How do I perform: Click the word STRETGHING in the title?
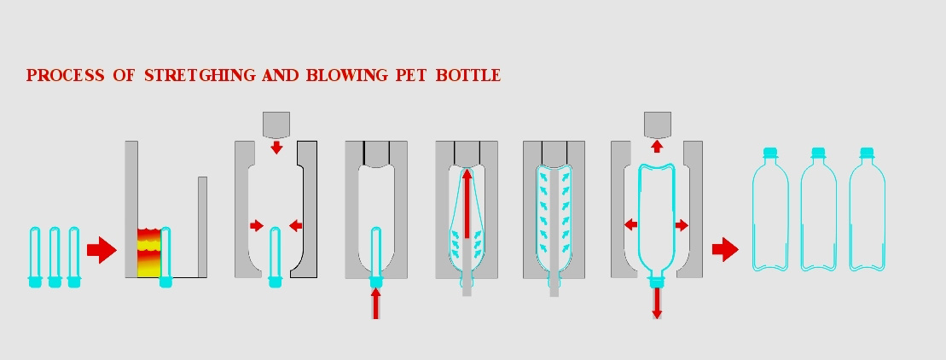coord(201,75)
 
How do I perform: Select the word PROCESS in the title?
coord(65,75)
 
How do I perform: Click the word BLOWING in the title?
coord(346,75)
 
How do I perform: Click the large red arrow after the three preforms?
coord(102,250)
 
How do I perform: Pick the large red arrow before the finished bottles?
coord(725,250)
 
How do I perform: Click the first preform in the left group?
coord(35,257)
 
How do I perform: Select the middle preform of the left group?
coord(55,257)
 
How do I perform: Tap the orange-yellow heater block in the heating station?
coord(148,253)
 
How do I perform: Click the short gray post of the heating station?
coord(203,227)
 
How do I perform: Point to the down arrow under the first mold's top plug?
coord(276,148)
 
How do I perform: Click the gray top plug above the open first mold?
coord(276,125)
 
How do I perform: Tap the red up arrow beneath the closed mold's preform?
coord(375,304)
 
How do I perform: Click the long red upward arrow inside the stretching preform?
coord(467,203)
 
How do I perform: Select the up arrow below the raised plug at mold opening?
coord(657,146)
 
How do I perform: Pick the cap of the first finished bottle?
coord(769,153)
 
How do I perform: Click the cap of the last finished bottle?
coord(867,153)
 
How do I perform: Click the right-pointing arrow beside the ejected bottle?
coord(682,225)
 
